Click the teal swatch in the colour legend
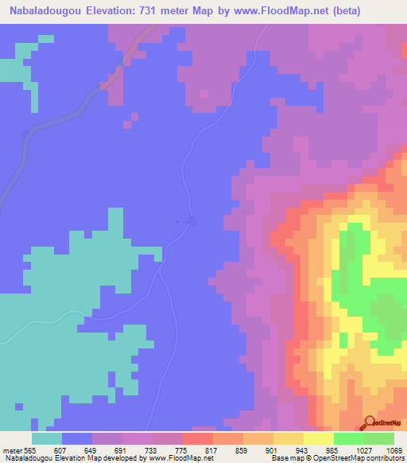pyautogui.click(x=47, y=438)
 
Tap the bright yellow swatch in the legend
pyautogui.click(x=319, y=438)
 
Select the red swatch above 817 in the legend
pyautogui.click(x=198, y=438)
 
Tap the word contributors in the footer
pyautogui.click(x=386, y=458)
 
